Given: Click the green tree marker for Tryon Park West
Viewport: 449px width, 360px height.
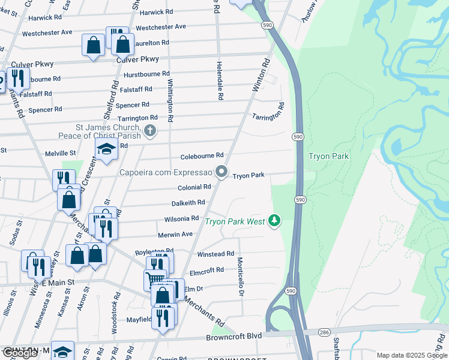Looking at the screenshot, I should [x=274, y=221].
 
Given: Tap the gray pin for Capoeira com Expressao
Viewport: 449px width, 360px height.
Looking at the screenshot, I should [x=222, y=172].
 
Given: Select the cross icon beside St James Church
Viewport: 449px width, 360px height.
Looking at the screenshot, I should [x=150, y=130].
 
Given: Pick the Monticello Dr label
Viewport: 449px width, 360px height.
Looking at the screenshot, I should [x=240, y=277].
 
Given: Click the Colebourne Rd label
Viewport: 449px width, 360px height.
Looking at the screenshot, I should [x=202, y=156].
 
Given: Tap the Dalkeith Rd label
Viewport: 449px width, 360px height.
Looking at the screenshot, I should [x=188, y=203].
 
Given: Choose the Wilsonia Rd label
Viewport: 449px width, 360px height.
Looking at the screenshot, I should [x=178, y=218].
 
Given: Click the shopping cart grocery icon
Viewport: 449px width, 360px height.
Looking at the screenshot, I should [x=155, y=279].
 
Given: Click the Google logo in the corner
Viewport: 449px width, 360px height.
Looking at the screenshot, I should [x=20, y=353].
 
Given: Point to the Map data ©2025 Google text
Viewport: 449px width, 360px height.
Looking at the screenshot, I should [x=412, y=355].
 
